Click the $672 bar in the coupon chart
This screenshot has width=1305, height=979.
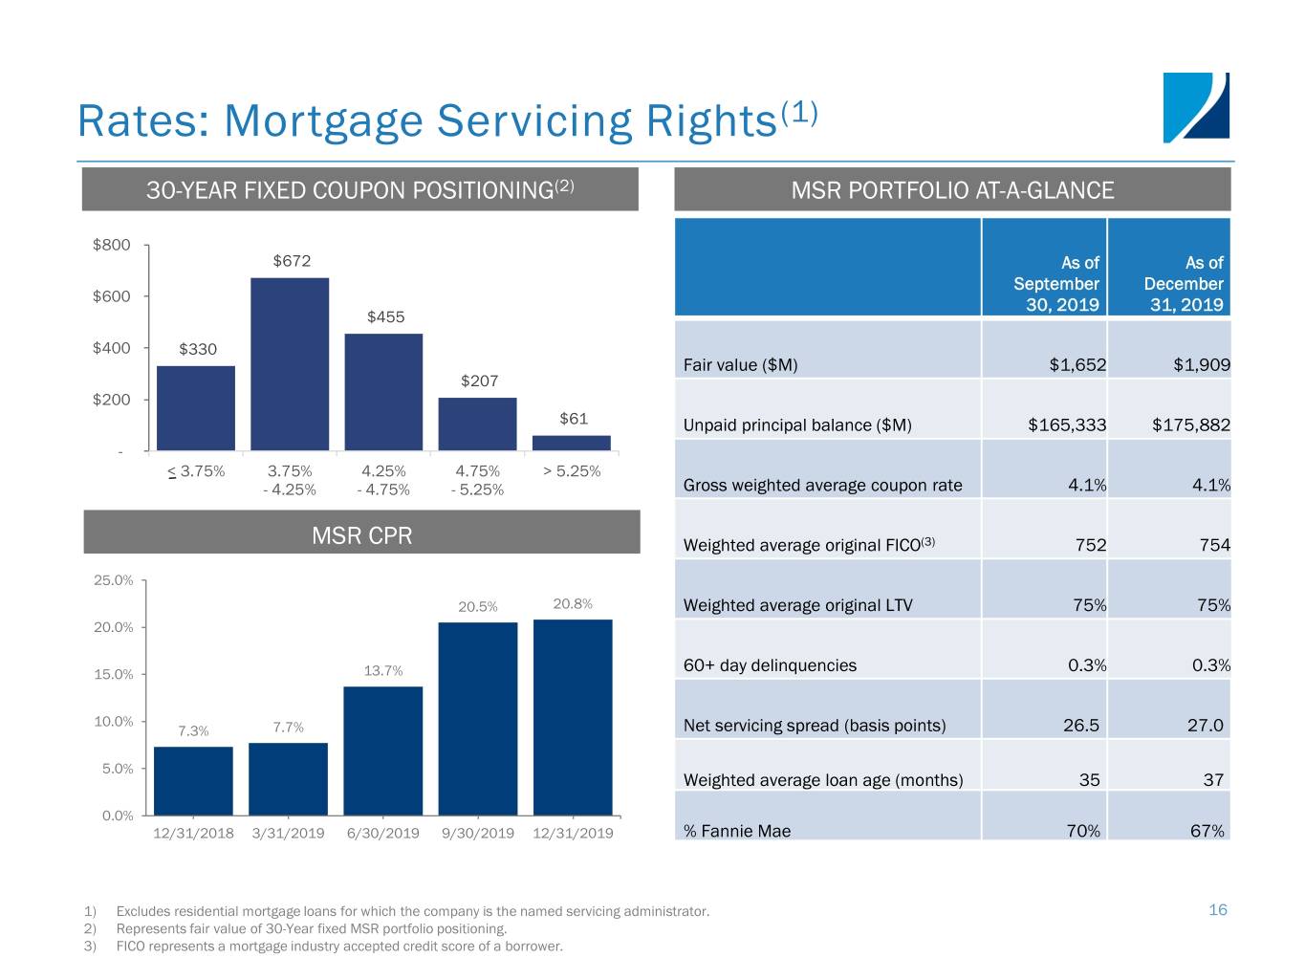click(x=290, y=363)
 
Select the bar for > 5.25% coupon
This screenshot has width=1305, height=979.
click(x=572, y=443)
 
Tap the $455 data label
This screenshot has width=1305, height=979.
click(x=385, y=317)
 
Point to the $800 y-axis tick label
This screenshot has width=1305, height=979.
click(x=111, y=245)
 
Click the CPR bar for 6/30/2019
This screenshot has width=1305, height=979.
click(x=383, y=751)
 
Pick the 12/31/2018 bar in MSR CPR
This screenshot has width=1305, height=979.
click(x=193, y=780)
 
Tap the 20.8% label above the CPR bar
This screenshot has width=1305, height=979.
click(x=573, y=603)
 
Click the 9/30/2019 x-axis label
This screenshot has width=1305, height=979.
click(x=478, y=833)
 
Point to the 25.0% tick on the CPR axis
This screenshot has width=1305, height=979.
click(x=113, y=580)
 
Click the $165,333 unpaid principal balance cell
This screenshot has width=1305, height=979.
click(x=1067, y=424)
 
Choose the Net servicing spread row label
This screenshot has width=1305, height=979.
click(x=815, y=725)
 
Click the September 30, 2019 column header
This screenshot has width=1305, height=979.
click(x=1055, y=284)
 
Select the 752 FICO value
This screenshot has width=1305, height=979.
click(x=1090, y=545)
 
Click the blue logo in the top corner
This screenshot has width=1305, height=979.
click(x=1195, y=107)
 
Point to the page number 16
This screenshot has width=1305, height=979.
click(x=1217, y=909)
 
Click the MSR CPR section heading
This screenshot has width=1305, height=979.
click(x=361, y=535)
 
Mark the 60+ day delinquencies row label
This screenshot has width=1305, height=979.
click(x=770, y=665)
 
